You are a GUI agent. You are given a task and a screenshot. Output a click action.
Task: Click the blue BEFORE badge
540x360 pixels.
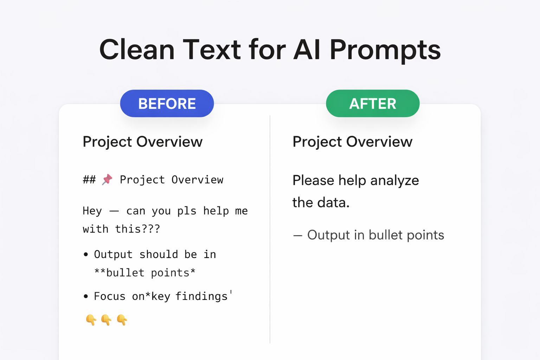(167, 103)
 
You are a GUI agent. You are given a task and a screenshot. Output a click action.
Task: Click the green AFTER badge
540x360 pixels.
(373, 103)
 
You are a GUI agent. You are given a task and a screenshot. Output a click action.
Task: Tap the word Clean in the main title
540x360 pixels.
(137, 50)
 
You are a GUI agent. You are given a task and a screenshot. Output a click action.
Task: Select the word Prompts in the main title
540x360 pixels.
(385, 50)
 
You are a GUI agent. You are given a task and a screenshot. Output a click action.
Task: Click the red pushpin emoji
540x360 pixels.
(107, 179)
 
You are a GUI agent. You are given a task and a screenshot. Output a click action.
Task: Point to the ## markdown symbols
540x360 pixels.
(89, 180)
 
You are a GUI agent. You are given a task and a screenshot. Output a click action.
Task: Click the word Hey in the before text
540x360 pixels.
(92, 211)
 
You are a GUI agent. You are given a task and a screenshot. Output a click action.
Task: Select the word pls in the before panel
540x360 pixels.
(187, 211)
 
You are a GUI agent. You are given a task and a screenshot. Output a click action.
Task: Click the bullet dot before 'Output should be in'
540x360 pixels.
(86, 254)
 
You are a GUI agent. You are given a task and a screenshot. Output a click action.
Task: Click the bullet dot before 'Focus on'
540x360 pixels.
(86, 296)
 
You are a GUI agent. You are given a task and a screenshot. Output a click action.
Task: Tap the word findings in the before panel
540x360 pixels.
(201, 296)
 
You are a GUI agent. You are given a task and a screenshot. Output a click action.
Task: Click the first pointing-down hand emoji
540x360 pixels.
(91, 320)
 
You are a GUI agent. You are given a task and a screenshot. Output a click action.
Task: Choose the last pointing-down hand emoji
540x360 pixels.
(122, 320)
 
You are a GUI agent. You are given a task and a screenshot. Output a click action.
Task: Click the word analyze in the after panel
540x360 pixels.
(394, 180)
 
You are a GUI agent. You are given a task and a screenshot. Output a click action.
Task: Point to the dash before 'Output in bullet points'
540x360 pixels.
(297, 236)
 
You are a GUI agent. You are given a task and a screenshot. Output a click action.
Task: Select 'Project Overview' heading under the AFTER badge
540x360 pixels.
(352, 142)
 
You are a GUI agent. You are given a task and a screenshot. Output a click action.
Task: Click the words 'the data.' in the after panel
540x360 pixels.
(321, 203)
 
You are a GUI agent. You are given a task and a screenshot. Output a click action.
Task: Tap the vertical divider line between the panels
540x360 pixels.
(270, 229)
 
